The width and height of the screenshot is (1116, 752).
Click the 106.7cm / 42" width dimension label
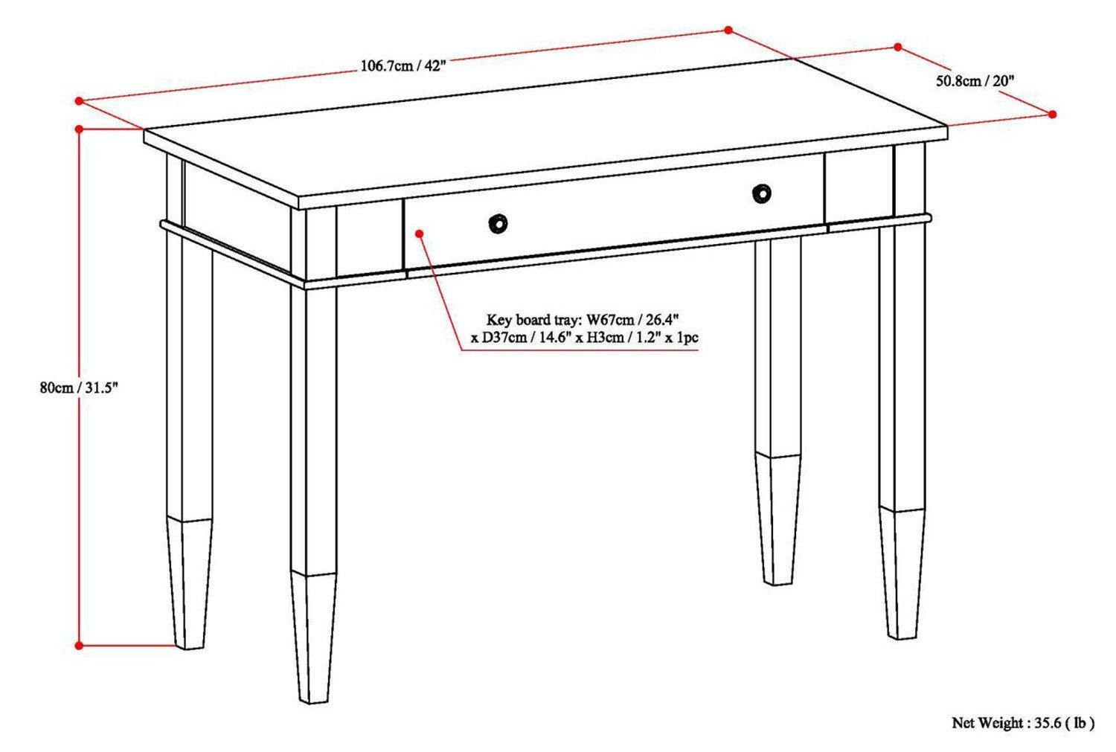[403, 65]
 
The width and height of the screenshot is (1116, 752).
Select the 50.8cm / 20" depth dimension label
[975, 81]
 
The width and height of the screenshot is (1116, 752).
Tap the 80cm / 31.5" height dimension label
[80, 388]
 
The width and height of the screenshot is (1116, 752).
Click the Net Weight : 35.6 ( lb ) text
[1023, 722]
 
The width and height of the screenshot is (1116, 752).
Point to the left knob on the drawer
[498, 223]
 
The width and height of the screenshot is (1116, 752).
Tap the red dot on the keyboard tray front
[420, 234]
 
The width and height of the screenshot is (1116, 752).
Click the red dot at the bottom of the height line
[80, 646]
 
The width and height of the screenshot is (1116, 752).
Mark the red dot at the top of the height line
[80, 129]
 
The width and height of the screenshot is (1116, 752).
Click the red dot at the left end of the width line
[78, 100]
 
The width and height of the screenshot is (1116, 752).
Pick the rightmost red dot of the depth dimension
[1053, 114]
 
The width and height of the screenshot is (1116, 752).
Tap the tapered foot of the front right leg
[902, 573]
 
